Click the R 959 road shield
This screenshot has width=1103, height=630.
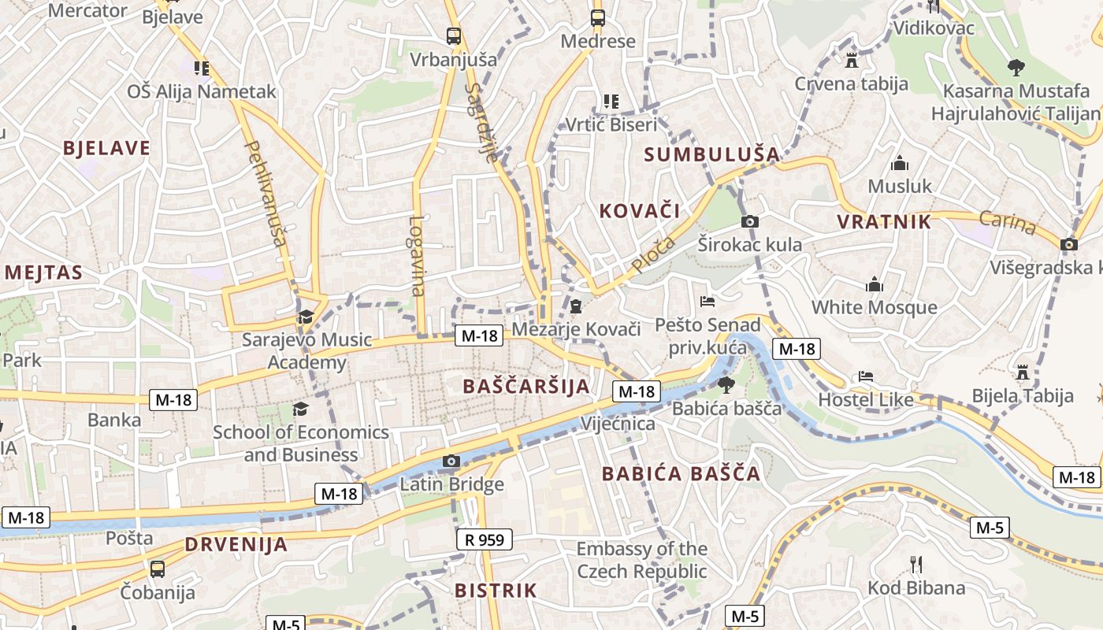484,539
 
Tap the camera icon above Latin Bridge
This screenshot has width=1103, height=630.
451,461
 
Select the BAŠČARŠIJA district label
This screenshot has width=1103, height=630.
526,386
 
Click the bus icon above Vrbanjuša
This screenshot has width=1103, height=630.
453,35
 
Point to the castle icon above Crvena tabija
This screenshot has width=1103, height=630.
851,60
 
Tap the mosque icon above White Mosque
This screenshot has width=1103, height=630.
874,284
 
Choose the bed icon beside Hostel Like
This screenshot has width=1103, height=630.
866,376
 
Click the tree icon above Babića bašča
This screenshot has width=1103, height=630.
726,384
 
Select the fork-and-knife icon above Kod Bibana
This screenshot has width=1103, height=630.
915,564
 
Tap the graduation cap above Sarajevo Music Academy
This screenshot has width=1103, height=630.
305,317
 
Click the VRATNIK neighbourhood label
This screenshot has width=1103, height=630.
884,222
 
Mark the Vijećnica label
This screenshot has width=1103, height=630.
618,424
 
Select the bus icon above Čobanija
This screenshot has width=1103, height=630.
158,569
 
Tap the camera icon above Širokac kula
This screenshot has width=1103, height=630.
750,221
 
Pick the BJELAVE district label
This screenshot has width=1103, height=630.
106,148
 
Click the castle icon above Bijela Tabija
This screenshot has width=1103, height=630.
1023,372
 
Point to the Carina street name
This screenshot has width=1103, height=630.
1008,223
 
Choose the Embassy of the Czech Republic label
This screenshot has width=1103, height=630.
641,560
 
